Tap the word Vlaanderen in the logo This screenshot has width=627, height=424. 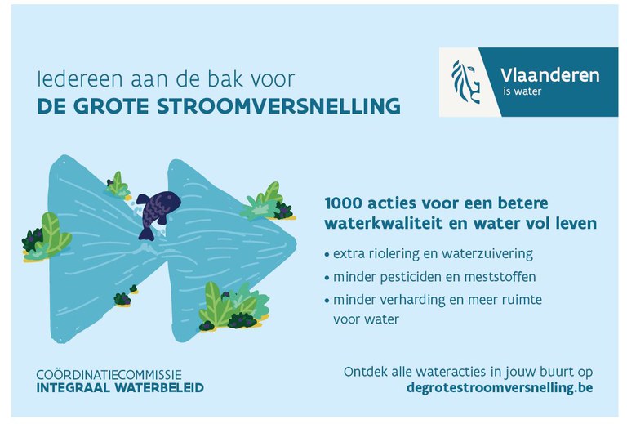click(549, 75)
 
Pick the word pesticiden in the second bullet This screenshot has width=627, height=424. click(408, 277)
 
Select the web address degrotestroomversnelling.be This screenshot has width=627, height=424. click(499, 388)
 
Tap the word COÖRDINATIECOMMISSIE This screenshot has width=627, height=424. click(109, 374)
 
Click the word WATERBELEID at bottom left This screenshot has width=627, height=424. click(160, 387)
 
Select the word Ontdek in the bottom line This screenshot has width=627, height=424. click(364, 372)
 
